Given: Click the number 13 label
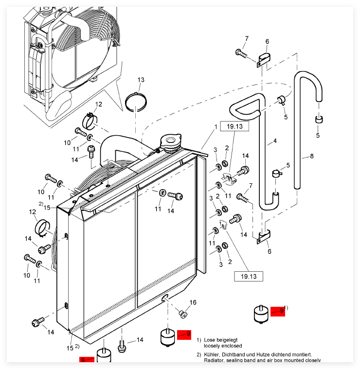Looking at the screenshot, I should click(x=141, y=80).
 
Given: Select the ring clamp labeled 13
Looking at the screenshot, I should click(x=137, y=102).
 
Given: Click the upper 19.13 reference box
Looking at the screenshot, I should click(x=234, y=126).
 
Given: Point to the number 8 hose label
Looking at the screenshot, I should click(x=312, y=156).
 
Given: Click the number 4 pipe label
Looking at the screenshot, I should click(x=275, y=141).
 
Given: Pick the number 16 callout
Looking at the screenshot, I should click(x=193, y=302).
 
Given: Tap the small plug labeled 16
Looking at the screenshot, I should click(x=183, y=314).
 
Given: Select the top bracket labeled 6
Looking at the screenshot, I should click(x=263, y=60).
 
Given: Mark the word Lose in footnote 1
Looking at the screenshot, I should click(x=210, y=339).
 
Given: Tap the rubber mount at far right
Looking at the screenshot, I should click(x=261, y=314).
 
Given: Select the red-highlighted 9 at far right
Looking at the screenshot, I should click(x=278, y=311).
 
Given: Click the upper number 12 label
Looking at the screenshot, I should click(x=99, y=104).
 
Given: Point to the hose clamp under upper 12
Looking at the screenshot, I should click(x=91, y=118).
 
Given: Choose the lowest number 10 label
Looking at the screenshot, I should click(x=27, y=275).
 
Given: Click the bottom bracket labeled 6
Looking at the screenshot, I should click(x=264, y=237).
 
